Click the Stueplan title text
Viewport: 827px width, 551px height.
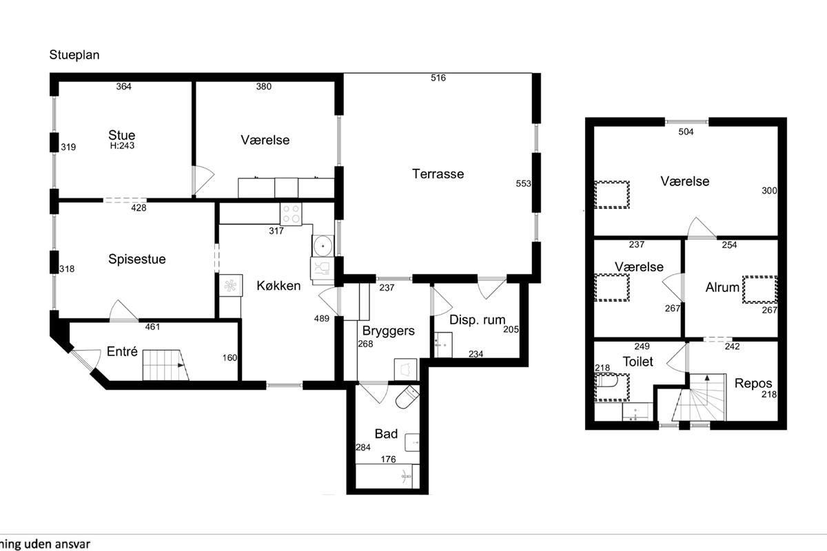(74, 55)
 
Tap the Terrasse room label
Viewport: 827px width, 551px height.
(438, 174)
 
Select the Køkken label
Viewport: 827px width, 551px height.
(278, 286)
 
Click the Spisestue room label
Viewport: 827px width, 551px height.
(137, 259)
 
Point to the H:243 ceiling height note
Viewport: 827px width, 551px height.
(122, 146)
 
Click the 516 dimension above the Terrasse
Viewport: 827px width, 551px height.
(438, 78)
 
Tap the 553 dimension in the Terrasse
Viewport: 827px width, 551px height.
(523, 183)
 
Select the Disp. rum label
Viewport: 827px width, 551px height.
(477, 320)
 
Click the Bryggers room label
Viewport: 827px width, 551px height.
(389, 331)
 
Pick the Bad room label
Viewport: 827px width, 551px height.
(386, 434)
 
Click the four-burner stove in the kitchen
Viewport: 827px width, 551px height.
(291, 214)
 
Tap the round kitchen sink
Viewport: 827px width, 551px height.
(323, 246)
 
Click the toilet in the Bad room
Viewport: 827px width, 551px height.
(407, 397)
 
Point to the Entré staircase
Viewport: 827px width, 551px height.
(166, 365)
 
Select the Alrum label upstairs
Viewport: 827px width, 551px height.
(722, 287)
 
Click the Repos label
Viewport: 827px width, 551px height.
(753, 384)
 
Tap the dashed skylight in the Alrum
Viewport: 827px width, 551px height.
(759, 290)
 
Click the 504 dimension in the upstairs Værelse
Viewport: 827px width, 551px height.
(686, 132)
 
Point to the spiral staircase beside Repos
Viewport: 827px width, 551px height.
(699, 397)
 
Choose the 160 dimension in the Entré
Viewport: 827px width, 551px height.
(229, 357)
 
